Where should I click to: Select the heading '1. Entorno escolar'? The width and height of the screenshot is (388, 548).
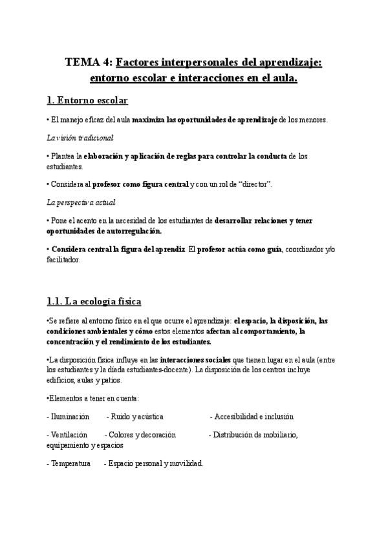[x=87, y=100]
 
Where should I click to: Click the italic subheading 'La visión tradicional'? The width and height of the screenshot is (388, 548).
[x=80, y=138]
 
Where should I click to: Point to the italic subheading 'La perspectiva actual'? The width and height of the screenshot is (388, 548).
[x=81, y=202]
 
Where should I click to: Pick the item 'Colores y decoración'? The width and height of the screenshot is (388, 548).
[x=142, y=435]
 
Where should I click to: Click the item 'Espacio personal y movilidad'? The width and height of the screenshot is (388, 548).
[x=155, y=463]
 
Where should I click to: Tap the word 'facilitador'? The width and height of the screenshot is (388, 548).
[x=63, y=259]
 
